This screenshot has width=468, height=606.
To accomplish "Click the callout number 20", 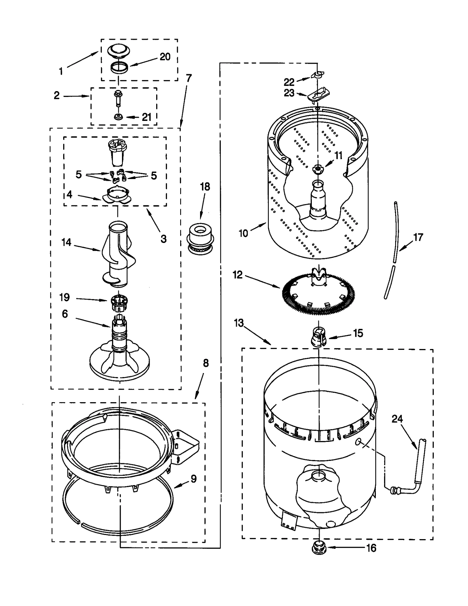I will [x=165, y=57].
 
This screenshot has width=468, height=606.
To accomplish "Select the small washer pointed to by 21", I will [x=118, y=117].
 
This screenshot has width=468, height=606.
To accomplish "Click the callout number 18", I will [x=205, y=187].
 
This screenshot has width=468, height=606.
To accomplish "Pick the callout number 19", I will [x=64, y=297].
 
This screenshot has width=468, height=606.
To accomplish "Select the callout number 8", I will [x=206, y=363].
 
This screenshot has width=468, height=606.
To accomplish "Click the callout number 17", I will [x=418, y=237].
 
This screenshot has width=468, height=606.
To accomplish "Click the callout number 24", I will [x=397, y=419].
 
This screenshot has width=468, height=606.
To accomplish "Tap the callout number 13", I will [x=239, y=323].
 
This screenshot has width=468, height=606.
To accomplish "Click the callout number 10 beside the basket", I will [x=243, y=233].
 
